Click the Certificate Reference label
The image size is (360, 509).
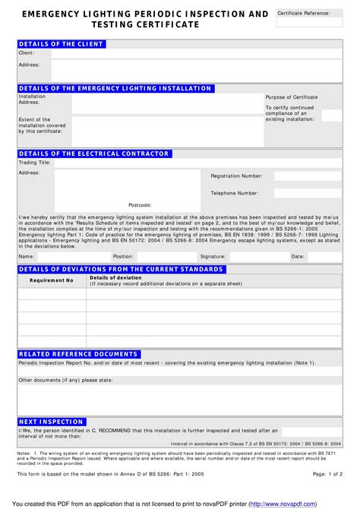point(304,13)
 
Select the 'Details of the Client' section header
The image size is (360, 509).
point(61,44)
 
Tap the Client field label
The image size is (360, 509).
point(27,53)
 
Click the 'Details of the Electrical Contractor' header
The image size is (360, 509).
point(93,153)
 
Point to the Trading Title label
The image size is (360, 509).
point(34,163)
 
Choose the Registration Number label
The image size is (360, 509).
point(236,175)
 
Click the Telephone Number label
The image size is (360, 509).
point(235,193)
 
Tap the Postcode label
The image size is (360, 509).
point(140,205)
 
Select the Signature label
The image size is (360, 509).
point(213,257)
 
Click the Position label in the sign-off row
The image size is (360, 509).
point(123,257)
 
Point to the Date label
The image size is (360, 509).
point(298,257)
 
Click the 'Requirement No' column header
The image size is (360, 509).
point(52,280)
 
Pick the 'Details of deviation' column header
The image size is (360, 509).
point(115,277)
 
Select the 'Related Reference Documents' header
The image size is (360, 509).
point(78,354)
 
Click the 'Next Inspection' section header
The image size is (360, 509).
point(51,422)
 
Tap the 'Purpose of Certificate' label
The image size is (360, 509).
point(292,97)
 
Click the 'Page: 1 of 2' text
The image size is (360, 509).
point(327,473)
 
